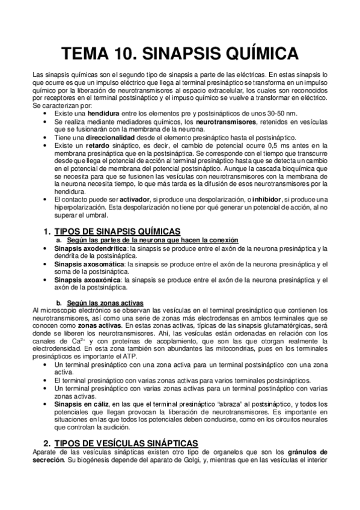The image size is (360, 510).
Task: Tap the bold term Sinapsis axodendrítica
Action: tap(91, 248)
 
